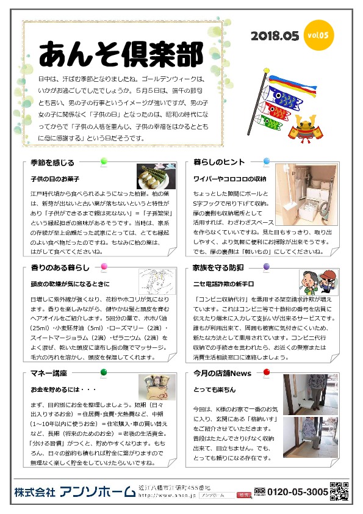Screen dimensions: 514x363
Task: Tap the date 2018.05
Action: (275, 36)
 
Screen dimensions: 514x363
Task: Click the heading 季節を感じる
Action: (52, 163)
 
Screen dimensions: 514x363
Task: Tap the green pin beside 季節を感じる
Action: (103, 161)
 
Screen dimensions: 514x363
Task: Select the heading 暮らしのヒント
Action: (219, 163)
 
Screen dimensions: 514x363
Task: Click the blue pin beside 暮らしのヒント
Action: (267, 161)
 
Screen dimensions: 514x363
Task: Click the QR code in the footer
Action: (339, 490)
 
